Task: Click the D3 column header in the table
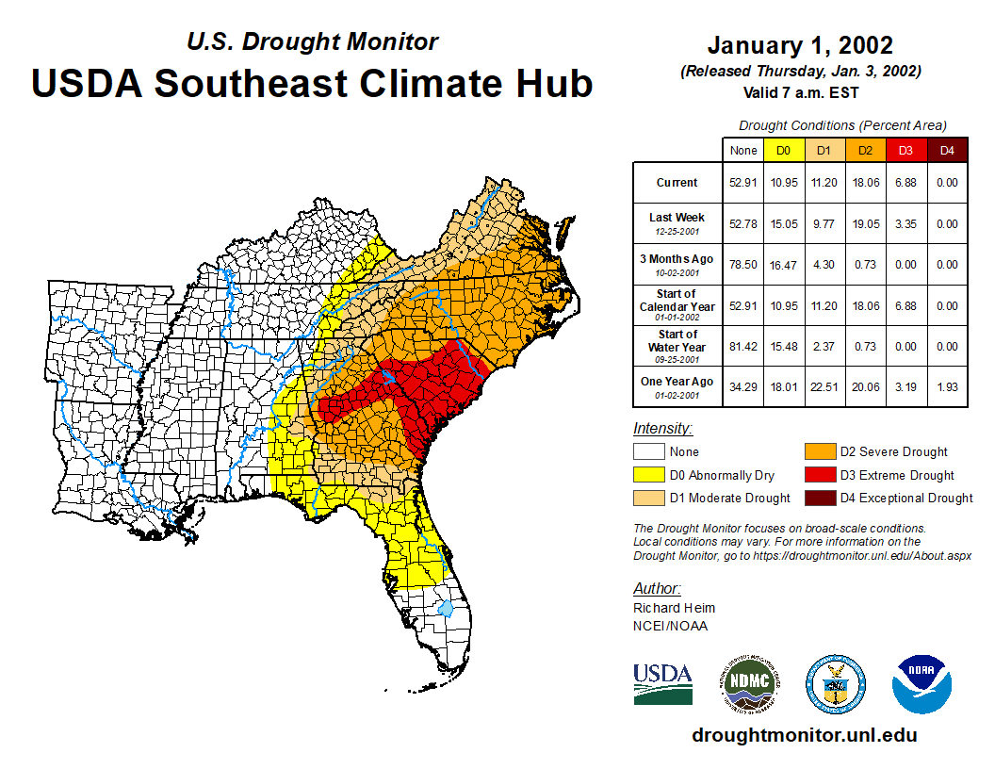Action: [x=905, y=150]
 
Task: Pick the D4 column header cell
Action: [x=947, y=150]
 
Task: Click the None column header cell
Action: [x=742, y=150]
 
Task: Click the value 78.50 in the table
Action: [x=742, y=265]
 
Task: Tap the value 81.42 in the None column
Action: [x=742, y=347]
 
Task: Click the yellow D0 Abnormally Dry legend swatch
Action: [x=648, y=475]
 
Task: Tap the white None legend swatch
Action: [x=648, y=452]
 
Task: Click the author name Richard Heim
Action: [x=674, y=608]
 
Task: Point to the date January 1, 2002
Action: [x=800, y=45]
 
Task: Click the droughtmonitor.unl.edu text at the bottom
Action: [x=804, y=735]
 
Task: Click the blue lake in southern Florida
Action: [x=446, y=608]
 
